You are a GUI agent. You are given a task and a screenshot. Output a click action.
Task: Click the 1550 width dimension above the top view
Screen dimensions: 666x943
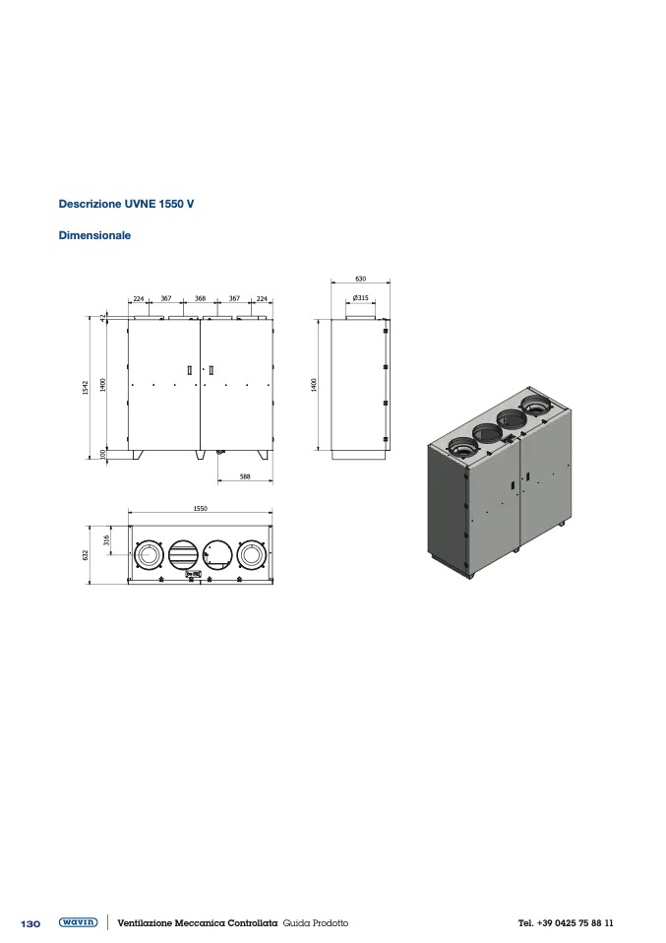(x=200, y=509)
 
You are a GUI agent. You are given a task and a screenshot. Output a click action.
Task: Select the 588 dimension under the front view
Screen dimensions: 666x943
(x=245, y=476)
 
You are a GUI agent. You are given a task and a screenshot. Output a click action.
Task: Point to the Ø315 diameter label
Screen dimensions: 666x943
(x=361, y=297)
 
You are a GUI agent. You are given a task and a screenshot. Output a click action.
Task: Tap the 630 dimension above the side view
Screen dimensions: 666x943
(x=361, y=279)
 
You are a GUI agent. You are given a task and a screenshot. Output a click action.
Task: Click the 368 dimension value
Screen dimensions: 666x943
(x=200, y=298)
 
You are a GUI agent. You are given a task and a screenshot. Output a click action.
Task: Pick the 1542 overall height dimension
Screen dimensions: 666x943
(x=86, y=388)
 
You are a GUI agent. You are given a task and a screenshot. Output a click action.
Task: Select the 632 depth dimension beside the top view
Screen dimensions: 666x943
(x=86, y=554)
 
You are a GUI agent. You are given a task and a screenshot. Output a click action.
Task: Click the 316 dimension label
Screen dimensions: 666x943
(x=107, y=540)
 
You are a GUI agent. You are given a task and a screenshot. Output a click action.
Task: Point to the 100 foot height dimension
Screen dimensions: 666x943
(x=102, y=454)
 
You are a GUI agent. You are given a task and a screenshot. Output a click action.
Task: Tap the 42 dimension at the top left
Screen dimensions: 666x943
(x=102, y=316)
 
